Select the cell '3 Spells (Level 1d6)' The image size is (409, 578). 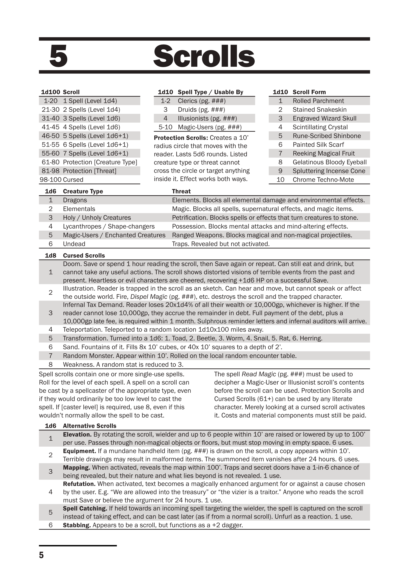point(91,118)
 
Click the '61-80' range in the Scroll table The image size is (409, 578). point(50,162)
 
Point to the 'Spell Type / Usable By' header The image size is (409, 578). point(210,92)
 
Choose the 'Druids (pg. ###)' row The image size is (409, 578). point(201,110)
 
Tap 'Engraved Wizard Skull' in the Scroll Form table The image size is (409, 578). point(324,118)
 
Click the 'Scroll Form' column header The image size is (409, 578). point(309,92)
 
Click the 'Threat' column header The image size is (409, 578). point(181,191)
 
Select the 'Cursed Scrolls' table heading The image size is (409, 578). point(84,256)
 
